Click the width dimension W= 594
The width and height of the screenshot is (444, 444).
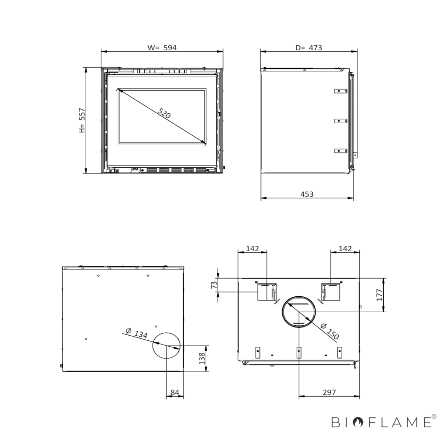click(162, 48)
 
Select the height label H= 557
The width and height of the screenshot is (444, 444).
click(82, 120)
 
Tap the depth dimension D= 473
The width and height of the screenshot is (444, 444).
click(309, 48)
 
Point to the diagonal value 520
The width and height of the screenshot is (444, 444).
click(164, 113)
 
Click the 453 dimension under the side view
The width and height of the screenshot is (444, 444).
click(307, 194)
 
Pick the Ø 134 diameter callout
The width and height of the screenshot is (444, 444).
click(137, 333)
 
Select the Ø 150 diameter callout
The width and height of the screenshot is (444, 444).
click(330, 331)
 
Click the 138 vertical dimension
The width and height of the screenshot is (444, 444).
click(202, 358)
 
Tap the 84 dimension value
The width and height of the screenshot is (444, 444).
click(175, 393)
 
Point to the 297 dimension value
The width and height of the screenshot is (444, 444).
click(329, 392)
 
